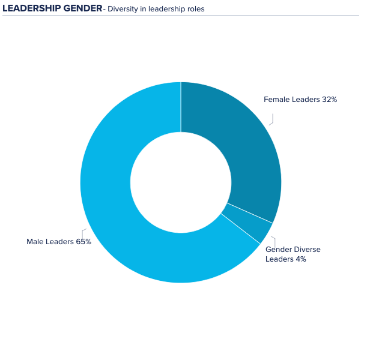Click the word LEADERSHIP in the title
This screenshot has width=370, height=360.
[x=31, y=8]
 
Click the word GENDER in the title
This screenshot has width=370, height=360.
[x=82, y=8]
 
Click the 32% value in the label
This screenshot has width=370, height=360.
[x=329, y=100]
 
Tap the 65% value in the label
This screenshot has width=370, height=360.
[x=83, y=242]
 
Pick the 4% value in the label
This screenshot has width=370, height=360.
[x=300, y=259]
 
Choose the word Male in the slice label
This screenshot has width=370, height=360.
[x=35, y=242]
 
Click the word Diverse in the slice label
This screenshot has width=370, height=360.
[x=307, y=250]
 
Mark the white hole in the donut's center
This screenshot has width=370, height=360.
[x=181, y=182]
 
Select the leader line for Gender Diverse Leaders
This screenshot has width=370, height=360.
[x=273, y=239]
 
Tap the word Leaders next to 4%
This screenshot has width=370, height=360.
[x=279, y=259]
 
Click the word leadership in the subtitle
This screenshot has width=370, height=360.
[x=165, y=9]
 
